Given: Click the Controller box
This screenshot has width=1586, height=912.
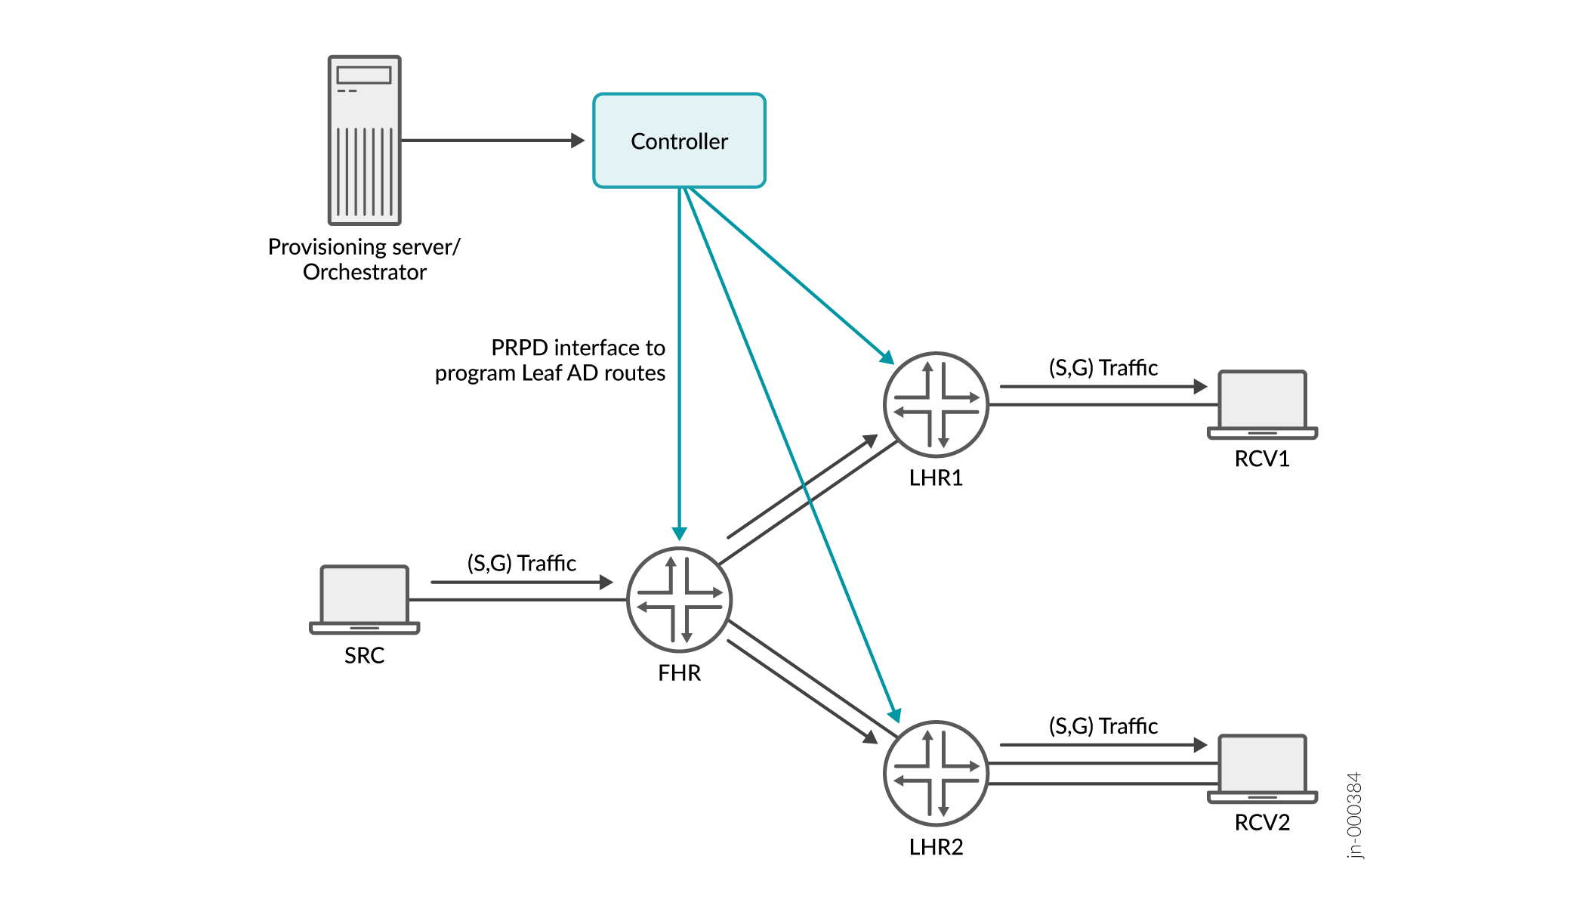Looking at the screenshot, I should tap(679, 141).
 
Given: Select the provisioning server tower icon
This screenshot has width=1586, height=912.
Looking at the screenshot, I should tap(364, 141).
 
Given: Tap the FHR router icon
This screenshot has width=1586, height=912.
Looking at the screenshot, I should tap(679, 599).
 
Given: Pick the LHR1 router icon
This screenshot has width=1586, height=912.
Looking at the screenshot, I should tap(936, 404).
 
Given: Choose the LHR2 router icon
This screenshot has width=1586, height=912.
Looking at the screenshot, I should tap(936, 773).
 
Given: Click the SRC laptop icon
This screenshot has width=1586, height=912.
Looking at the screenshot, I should tap(364, 599).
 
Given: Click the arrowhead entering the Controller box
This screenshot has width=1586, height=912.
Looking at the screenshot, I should tap(578, 141).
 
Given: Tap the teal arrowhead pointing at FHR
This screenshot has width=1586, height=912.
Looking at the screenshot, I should tap(679, 533).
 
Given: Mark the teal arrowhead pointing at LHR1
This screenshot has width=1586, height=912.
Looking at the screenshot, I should tap(887, 357).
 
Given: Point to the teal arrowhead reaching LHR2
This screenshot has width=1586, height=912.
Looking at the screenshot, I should tap(895, 714).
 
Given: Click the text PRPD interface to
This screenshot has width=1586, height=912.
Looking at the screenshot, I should tap(578, 348).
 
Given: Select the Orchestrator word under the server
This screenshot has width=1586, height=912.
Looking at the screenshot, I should tap(364, 272).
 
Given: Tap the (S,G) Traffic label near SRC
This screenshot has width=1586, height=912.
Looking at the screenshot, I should tap(521, 563).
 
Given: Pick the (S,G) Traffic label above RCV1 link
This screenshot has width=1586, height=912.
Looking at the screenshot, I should tap(1103, 368).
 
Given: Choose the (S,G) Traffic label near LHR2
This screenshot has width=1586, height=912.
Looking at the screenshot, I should tap(1103, 726).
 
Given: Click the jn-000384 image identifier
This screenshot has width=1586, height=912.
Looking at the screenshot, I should tap(1354, 815).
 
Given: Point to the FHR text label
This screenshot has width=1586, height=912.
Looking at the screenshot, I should tap(679, 672).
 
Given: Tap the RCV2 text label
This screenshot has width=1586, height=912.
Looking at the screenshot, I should tap(1262, 822).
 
